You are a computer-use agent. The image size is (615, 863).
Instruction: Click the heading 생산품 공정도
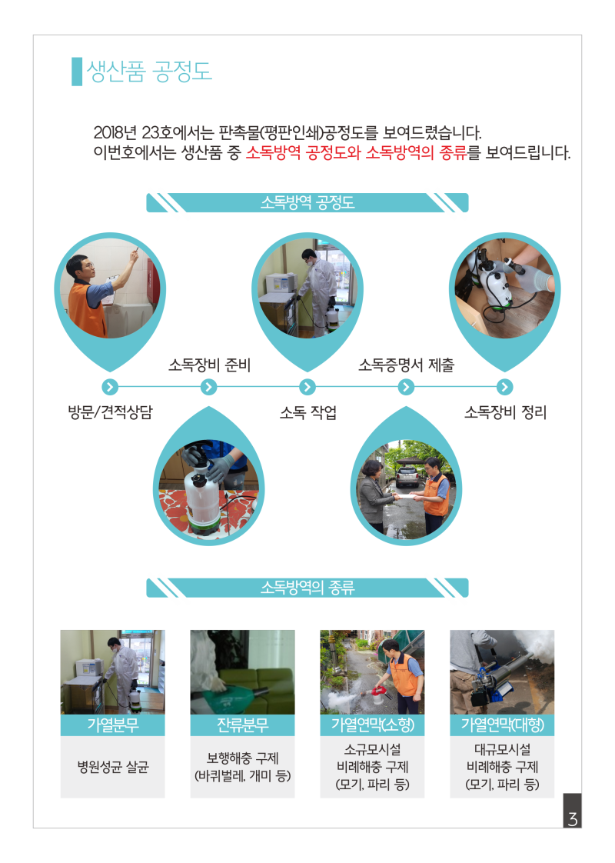[149, 72]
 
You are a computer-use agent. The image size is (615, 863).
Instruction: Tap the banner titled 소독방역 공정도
[307, 202]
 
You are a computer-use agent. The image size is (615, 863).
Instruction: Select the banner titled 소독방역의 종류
[307, 588]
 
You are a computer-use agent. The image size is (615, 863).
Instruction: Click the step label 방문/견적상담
[110, 412]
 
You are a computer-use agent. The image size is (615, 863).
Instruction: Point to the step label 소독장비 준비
[209, 365]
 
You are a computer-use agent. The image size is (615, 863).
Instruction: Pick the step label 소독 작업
[308, 412]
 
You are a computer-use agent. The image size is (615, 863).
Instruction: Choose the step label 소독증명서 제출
[407, 365]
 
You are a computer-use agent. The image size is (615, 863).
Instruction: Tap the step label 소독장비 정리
[506, 412]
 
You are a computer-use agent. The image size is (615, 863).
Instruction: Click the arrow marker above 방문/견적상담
[110, 387]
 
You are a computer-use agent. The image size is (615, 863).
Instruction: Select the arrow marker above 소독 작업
[307, 387]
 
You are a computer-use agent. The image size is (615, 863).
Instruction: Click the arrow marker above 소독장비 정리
[505, 387]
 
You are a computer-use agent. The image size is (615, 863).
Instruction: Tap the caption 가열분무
[113, 725]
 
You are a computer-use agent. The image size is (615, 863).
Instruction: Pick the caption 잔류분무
[243, 725]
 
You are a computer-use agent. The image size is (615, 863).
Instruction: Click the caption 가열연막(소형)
[372, 725]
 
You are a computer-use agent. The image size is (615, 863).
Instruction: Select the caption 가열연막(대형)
[502, 725]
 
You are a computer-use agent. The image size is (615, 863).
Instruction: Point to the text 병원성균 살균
[113, 767]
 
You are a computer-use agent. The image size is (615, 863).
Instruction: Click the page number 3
[572, 819]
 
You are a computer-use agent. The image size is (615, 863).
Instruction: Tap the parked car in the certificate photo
[407, 475]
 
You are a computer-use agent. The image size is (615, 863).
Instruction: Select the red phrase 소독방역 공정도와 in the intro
[303, 152]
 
